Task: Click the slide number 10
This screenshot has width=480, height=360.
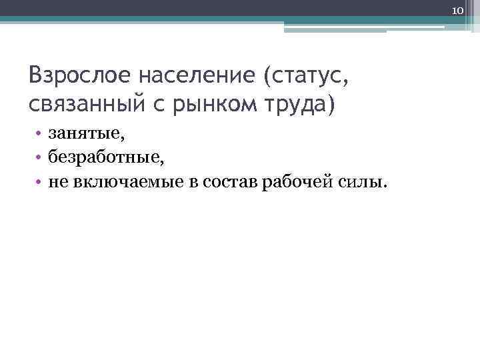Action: (457, 11)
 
